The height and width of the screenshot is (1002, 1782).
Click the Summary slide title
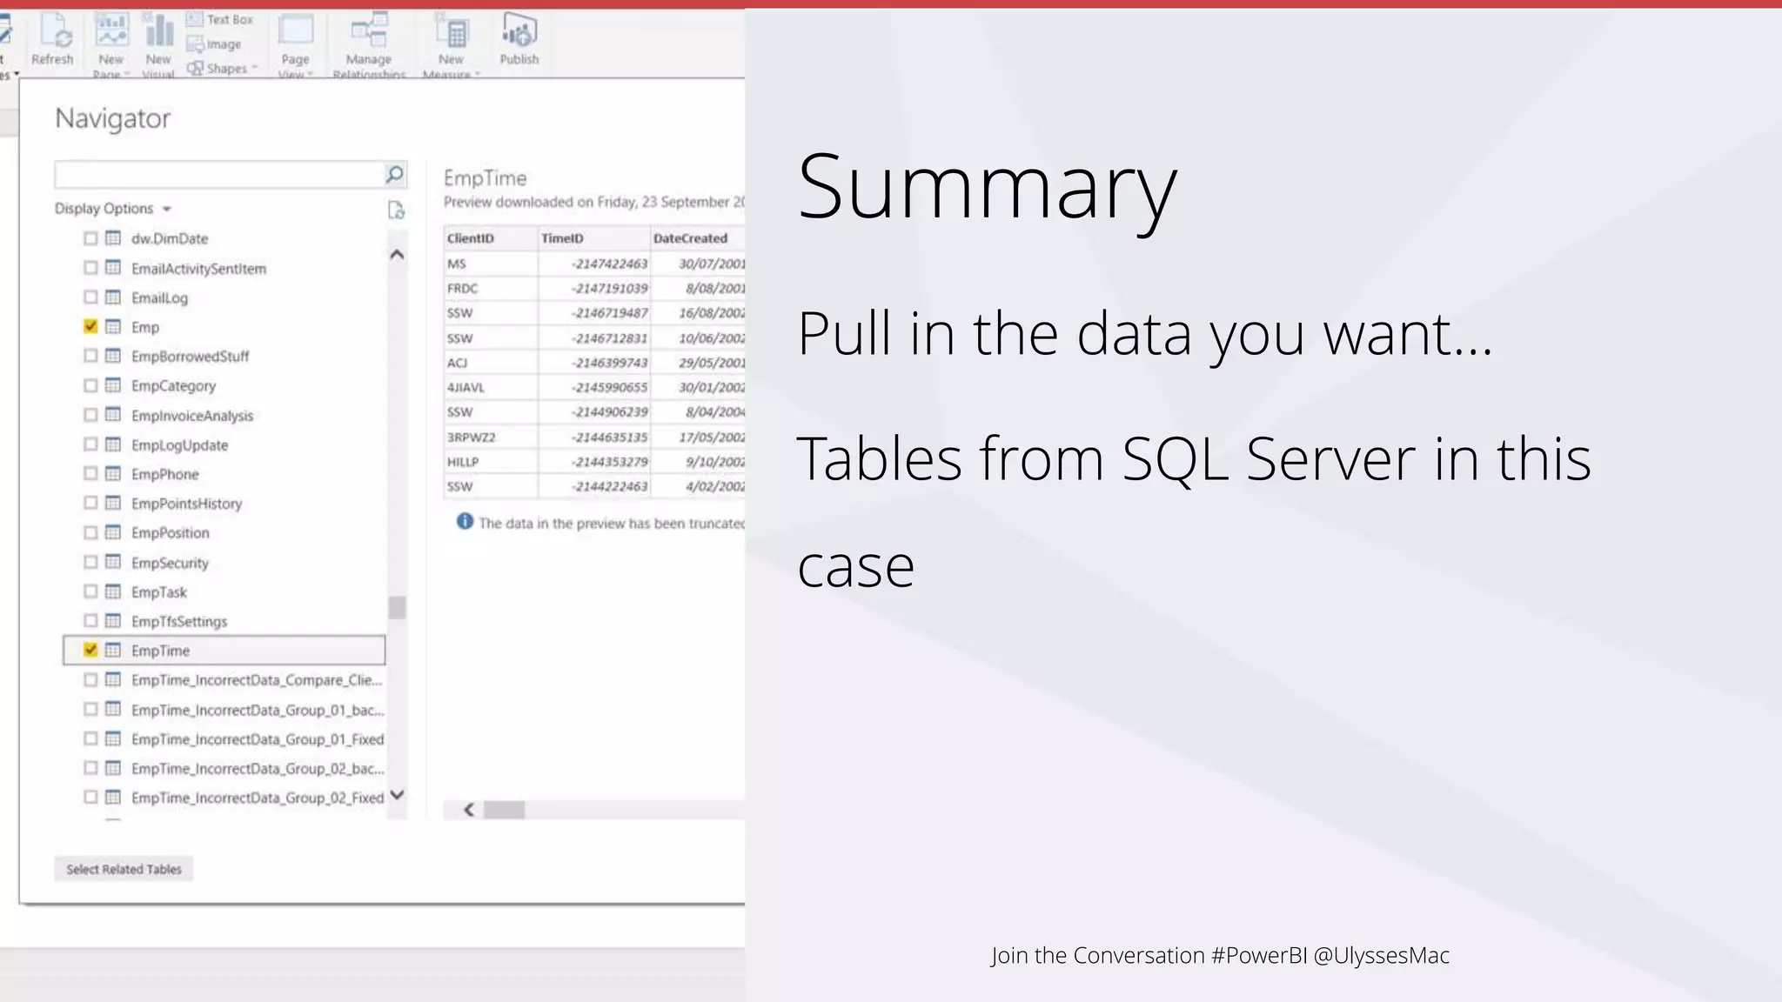987,187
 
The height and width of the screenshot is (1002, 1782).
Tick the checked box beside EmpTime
90,650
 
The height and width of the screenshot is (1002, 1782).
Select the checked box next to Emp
90,326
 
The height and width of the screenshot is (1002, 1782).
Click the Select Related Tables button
124,869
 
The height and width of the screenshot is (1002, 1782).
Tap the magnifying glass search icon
394,175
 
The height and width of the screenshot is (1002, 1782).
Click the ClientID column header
471,238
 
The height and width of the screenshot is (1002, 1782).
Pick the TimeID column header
562,238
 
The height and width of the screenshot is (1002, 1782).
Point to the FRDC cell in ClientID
463,289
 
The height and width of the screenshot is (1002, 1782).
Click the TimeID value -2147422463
610,264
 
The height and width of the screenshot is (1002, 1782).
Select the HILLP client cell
463,462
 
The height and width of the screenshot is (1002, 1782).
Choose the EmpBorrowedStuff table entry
190,357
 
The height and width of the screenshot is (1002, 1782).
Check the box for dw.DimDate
90,238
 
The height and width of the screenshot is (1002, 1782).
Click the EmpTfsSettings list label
179,621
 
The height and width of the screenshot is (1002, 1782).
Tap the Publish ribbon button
519,40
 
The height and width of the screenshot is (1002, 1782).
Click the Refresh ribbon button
53,40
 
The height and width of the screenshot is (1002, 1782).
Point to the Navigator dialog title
113,118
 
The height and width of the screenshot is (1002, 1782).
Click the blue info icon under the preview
466,522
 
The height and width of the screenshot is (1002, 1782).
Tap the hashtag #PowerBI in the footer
1259,955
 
